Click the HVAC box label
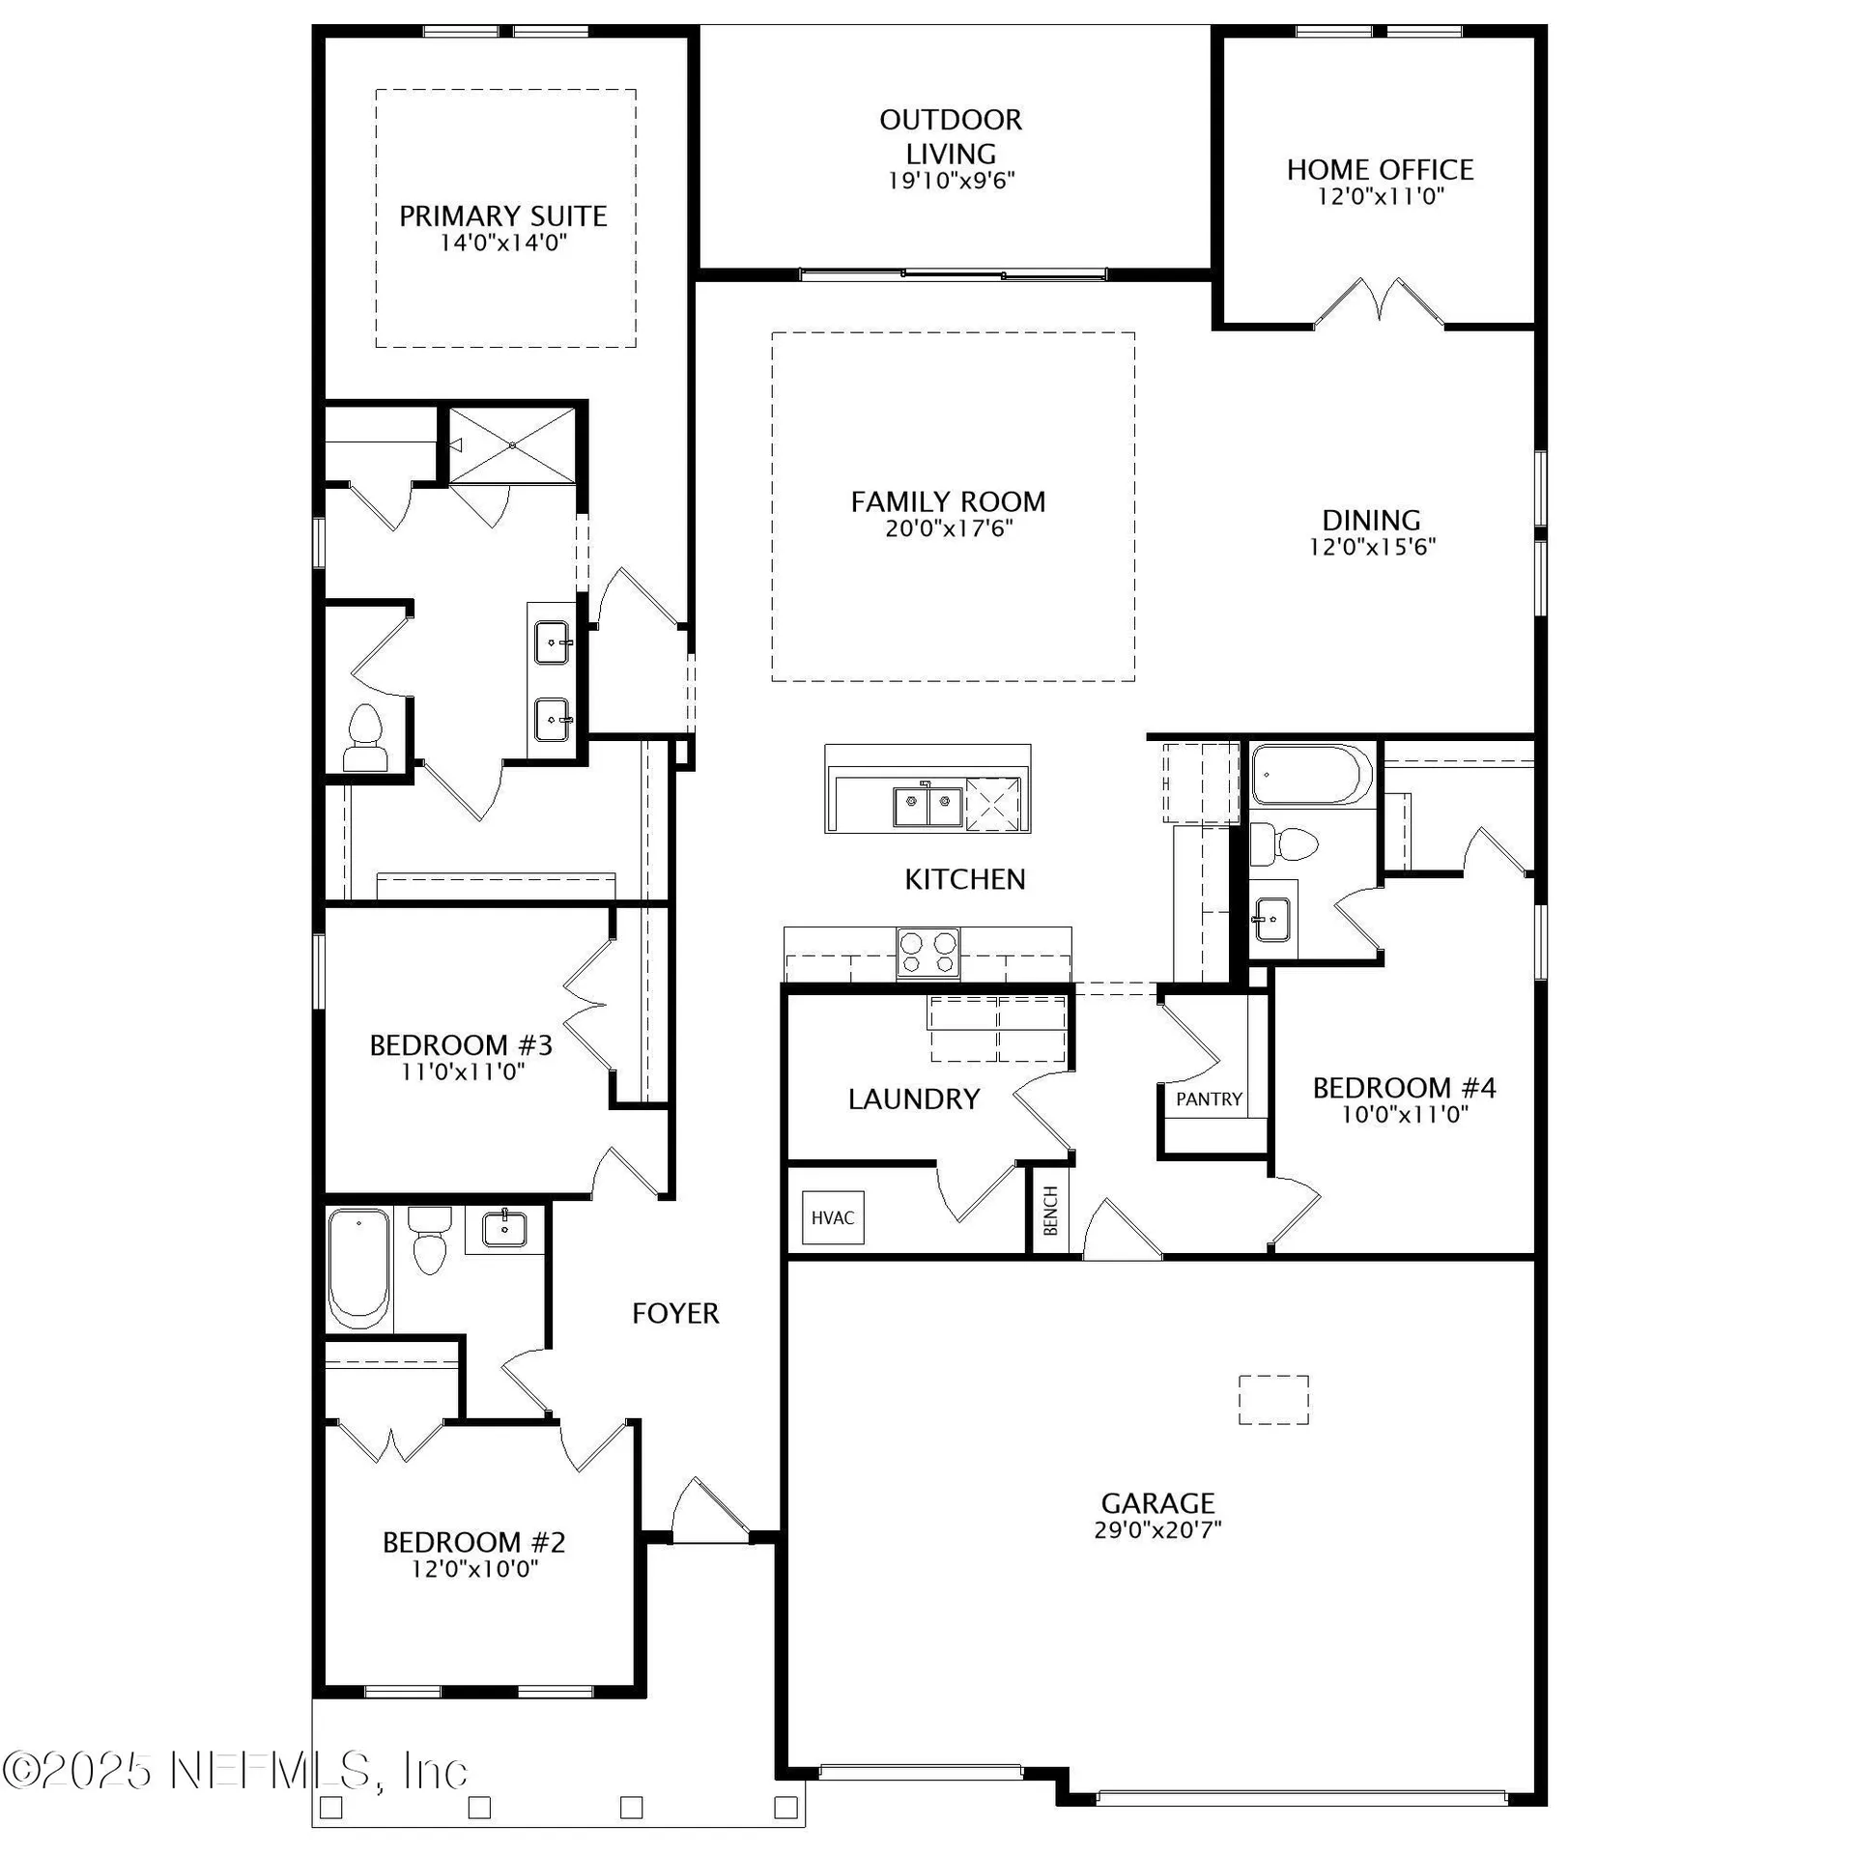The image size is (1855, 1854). click(x=832, y=1217)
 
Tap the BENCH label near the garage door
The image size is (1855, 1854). click(x=1051, y=1211)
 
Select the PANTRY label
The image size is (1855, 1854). click(x=1209, y=1099)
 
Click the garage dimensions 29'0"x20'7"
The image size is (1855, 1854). click(x=1157, y=1529)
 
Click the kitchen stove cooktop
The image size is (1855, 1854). click(x=928, y=953)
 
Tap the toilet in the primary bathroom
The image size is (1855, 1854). click(x=365, y=738)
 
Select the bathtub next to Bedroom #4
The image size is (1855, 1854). click(x=1311, y=775)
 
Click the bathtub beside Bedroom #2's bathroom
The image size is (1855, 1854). click(x=358, y=1268)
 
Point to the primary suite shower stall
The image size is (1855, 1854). click(x=512, y=444)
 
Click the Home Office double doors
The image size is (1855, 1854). click(x=1379, y=302)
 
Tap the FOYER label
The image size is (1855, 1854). click(x=675, y=1313)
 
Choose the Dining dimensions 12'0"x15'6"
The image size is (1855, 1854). click(x=1372, y=547)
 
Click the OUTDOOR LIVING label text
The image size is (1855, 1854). click(x=951, y=136)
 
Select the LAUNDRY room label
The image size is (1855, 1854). click(x=914, y=1098)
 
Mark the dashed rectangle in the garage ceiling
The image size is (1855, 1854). click(x=1273, y=1399)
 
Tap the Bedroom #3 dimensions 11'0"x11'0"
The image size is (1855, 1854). click(x=462, y=1070)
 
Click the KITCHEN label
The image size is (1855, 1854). click(x=964, y=879)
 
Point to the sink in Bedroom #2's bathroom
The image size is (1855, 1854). click(x=504, y=1230)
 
